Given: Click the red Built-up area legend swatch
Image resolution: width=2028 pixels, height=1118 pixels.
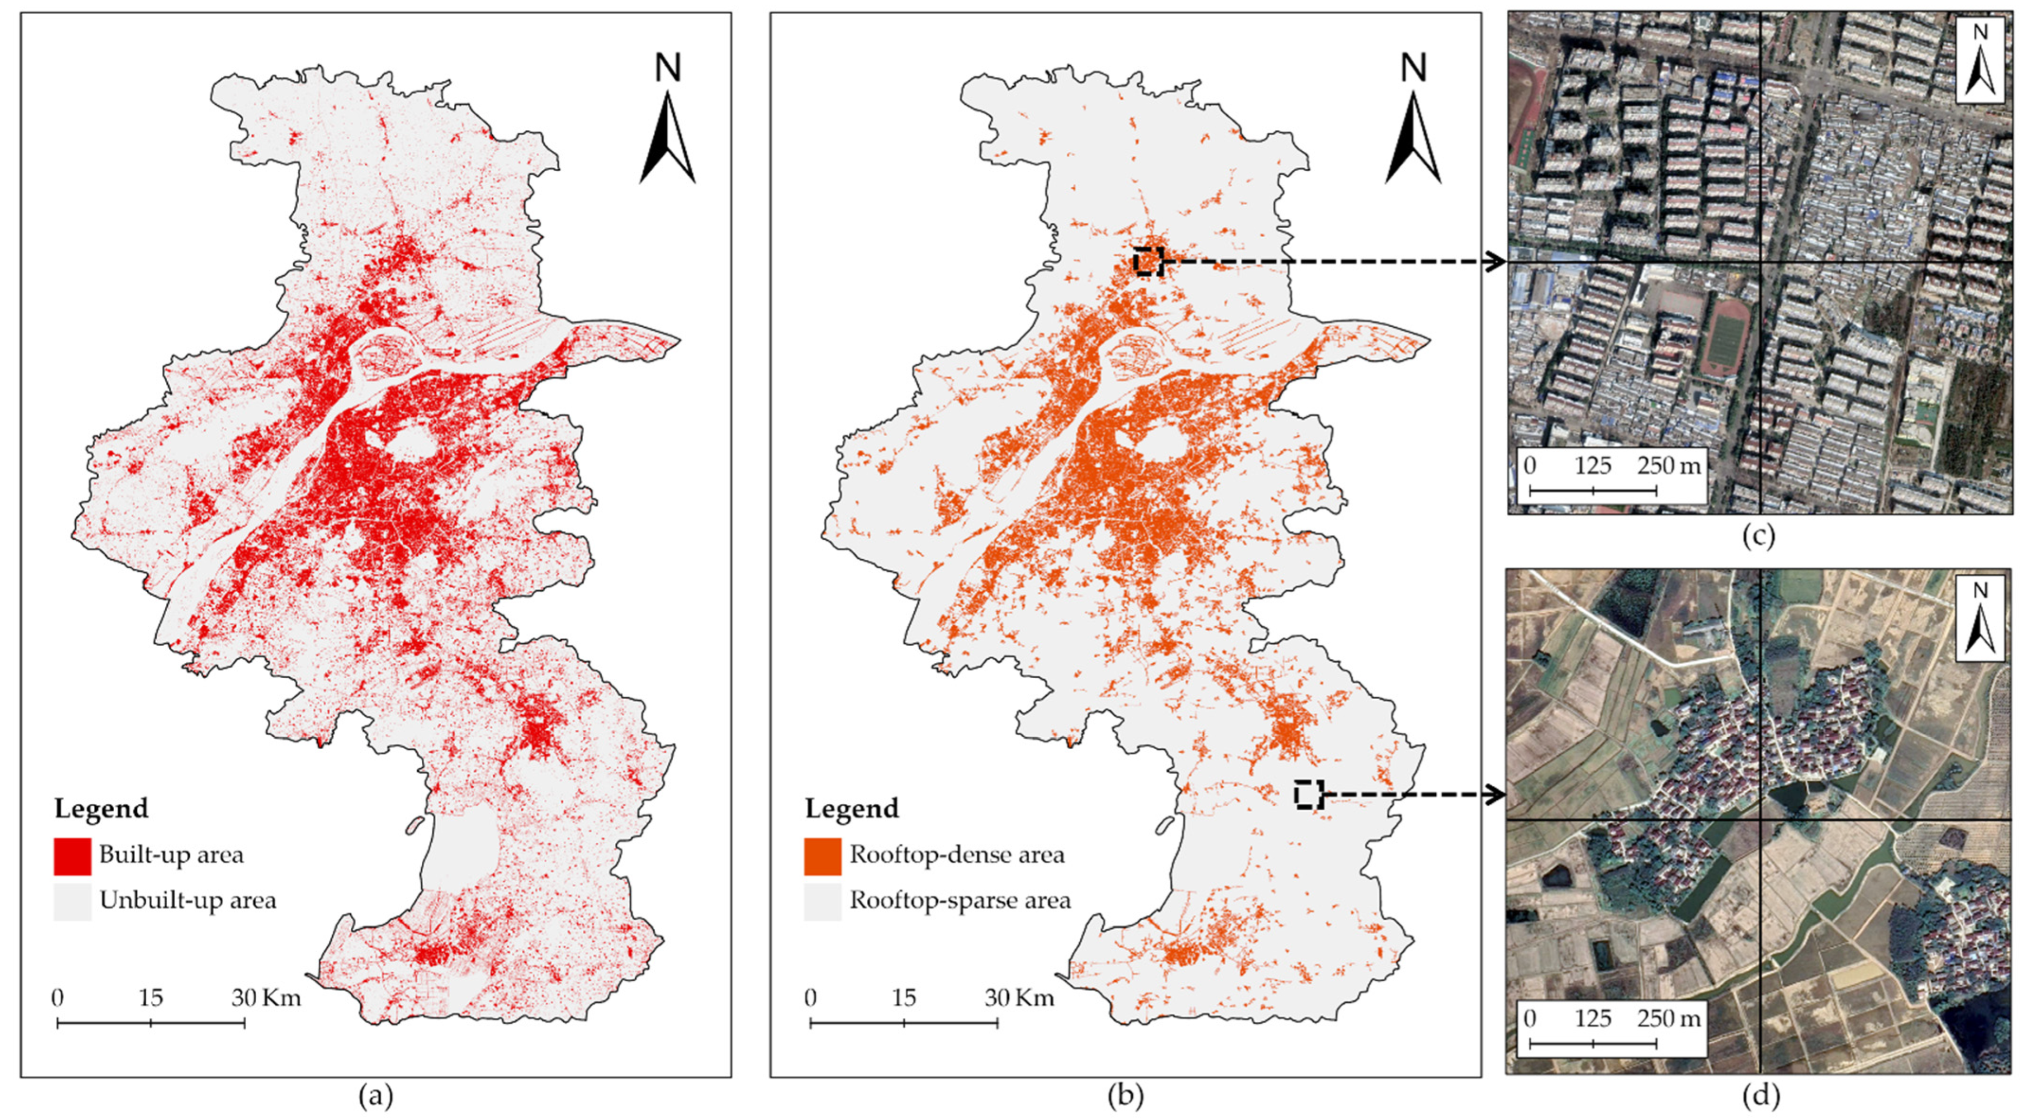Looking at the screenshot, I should coord(72,856).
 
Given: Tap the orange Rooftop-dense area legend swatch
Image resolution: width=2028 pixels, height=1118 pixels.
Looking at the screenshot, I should coord(822,856).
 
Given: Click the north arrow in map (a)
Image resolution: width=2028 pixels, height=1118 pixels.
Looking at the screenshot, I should coord(667,134).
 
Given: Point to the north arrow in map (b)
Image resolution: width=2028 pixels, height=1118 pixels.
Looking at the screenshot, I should coord(1413,134).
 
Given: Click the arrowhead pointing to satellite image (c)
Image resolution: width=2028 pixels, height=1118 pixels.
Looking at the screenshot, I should coord(1494,261).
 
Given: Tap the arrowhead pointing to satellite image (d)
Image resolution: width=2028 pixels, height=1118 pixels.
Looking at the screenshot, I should coord(1494,795).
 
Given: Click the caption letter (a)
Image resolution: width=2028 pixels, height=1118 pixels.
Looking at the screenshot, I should coord(376,1096).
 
